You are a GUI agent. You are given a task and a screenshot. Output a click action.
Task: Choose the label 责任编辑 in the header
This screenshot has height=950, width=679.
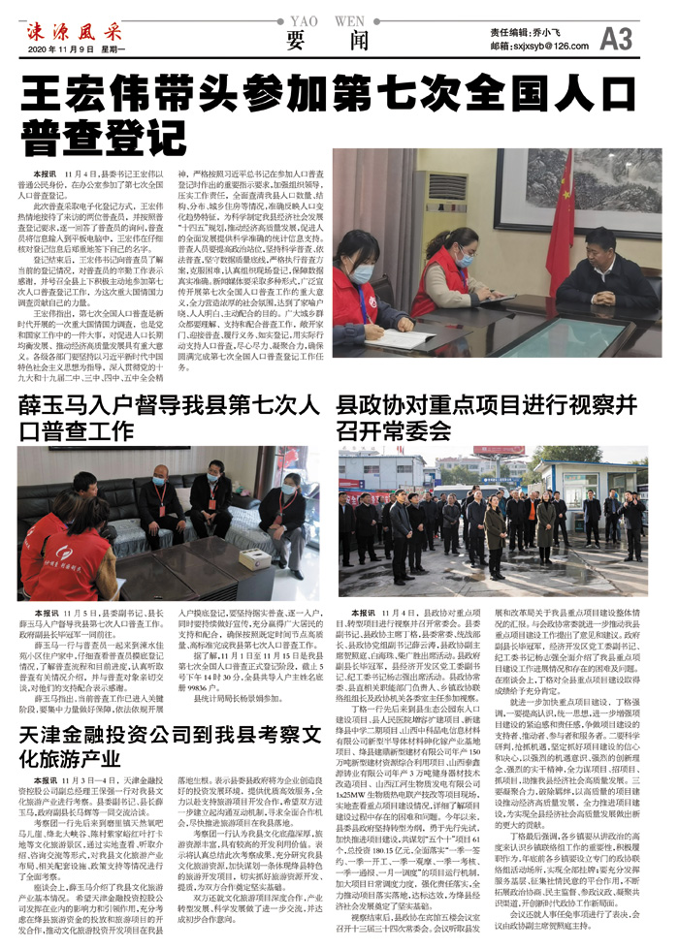click(x=511, y=31)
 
